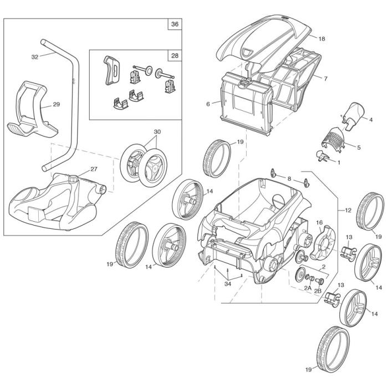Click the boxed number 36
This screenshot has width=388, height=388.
[175, 24]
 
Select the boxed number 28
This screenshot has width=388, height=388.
[175, 56]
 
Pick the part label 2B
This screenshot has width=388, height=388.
[318, 289]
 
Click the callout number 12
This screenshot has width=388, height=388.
[348, 211]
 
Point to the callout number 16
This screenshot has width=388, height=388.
[319, 222]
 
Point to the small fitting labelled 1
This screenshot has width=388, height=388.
[320, 155]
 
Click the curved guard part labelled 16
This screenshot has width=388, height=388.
[321, 244]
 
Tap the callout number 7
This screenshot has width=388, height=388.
[325, 79]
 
